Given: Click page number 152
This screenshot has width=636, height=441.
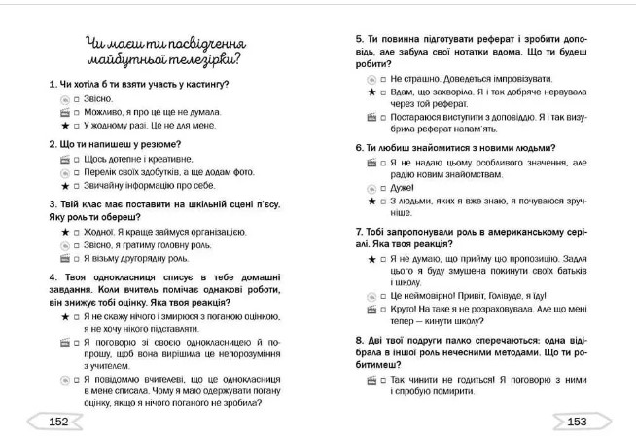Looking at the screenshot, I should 57,421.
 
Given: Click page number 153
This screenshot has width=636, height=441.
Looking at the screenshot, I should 578,421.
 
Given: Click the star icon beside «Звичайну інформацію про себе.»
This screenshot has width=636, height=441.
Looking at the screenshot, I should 64,185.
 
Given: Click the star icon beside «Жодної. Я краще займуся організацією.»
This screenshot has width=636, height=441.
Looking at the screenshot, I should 64,233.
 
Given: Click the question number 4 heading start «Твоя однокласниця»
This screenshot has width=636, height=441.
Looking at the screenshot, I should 97,276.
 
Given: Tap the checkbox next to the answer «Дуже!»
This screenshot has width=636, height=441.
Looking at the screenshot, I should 382,187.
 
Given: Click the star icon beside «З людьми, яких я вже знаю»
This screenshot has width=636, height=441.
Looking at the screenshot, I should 371,201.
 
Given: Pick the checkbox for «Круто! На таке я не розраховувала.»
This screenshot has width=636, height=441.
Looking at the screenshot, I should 382,307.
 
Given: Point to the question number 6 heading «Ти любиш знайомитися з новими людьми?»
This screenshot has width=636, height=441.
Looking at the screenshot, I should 458,147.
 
